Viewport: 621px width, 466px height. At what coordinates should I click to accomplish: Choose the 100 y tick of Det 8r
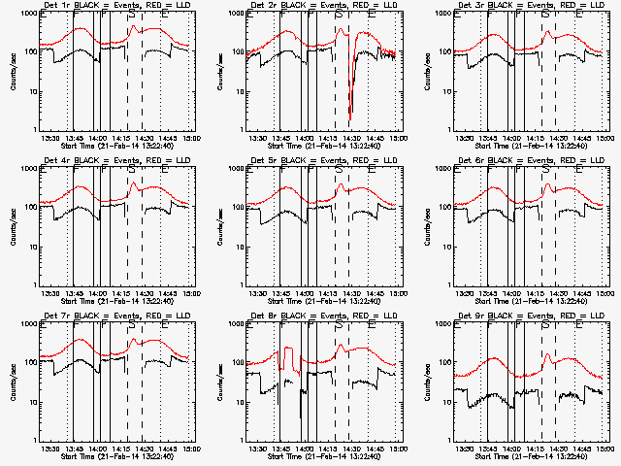(235, 363)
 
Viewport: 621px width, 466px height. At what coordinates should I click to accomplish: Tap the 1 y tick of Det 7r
(32, 440)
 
